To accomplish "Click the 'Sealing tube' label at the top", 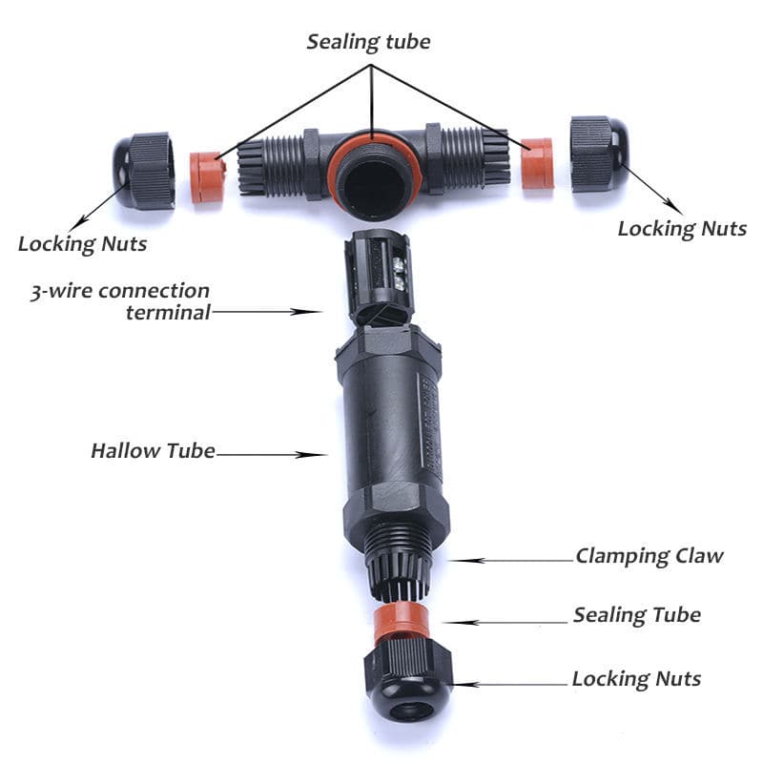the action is pos(368,42).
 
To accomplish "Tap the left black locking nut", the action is pos(144,171).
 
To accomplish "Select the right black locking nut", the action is pos(600,154).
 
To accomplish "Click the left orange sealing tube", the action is pos(208,177).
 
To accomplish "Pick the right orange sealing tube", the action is pos(537,163).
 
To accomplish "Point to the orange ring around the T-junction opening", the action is pos(373,140).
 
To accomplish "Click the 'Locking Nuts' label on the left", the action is pos(82,244).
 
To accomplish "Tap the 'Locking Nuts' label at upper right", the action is pos(682,229).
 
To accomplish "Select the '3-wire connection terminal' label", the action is pos(120,301).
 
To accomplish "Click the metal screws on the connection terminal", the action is pos(399,274).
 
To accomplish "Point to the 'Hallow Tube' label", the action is pos(153,451).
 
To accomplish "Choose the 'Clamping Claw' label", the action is pos(650,556).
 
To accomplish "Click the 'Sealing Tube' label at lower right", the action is pos(636,615).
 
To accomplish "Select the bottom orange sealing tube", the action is pos(402,622).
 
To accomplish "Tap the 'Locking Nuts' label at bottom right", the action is pos(636,679).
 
